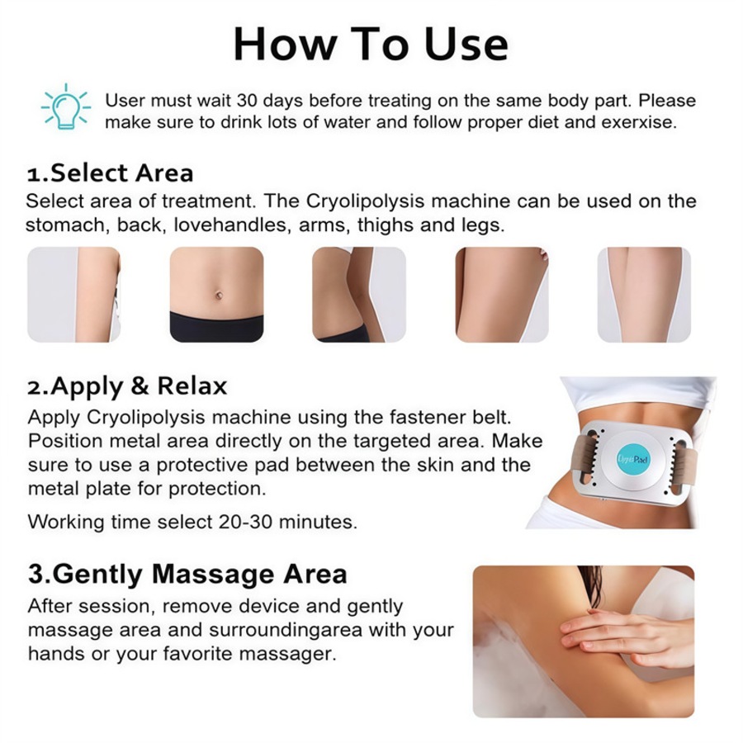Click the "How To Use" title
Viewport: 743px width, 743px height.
pyautogui.click(x=371, y=43)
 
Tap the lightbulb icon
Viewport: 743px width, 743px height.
pyautogui.click(x=66, y=107)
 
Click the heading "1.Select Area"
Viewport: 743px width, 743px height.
pyautogui.click(x=110, y=173)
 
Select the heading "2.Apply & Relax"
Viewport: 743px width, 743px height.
pyautogui.click(x=126, y=386)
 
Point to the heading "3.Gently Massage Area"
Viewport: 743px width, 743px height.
pyautogui.click(x=187, y=573)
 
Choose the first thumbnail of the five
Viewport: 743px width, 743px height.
pyautogui.click(x=73, y=294)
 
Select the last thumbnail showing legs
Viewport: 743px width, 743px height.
pyautogui.click(x=644, y=294)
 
